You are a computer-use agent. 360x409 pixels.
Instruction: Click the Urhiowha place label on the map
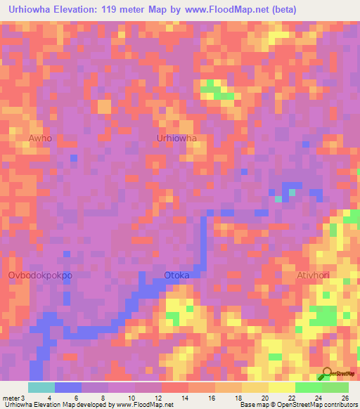pyautogui.click(x=176, y=138)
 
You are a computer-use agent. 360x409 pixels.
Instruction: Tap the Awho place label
pyautogui.click(x=40, y=138)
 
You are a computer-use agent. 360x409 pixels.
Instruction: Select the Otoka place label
pyautogui.click(x=176, y=275)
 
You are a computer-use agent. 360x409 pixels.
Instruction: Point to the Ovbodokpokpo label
pyautogui.click(x=40, y=275)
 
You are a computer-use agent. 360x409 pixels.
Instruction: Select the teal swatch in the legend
pyautogui.click(x=41, y=387)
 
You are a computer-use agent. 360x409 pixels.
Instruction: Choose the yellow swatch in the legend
pyautogui.click(x=255, y=387)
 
